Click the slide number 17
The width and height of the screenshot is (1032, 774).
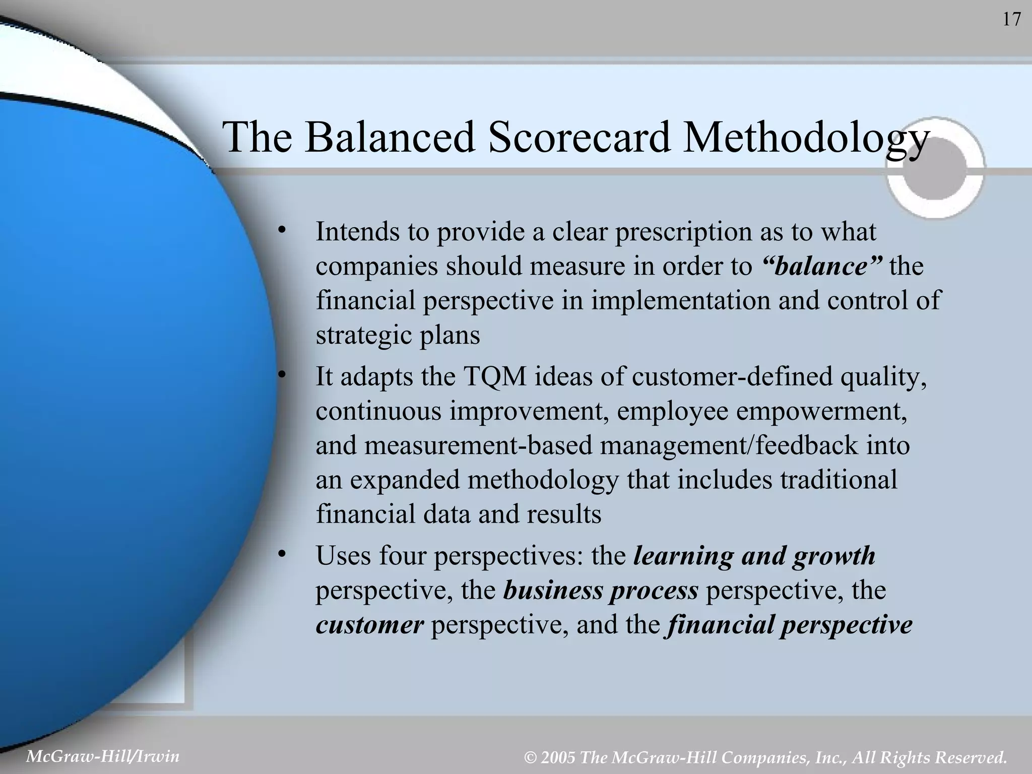1011,20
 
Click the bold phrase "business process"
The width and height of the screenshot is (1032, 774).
601,590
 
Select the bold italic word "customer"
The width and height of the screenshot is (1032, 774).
369,625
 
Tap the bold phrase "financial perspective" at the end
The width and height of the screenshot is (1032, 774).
789,625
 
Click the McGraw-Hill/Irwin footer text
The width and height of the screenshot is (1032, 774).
103,756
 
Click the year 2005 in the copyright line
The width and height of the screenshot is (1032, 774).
557,757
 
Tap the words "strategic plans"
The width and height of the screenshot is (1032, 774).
398,335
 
